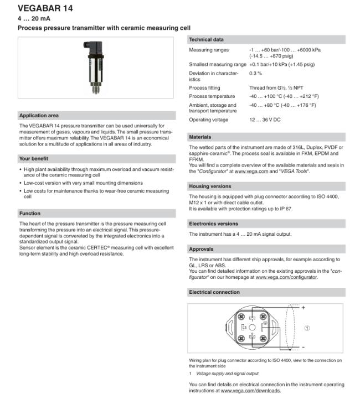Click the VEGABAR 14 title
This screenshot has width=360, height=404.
(x=45, y=8)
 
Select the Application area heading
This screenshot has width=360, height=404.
(x=39, y=116)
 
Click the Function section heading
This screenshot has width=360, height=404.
(x=30, y=213)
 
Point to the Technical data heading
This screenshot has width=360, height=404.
(x=207, y=40)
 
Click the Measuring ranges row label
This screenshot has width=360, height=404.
(x=209, y=50)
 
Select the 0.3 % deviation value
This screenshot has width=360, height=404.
(x=255, y=73)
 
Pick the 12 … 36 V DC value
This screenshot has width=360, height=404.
(x=265, y=120)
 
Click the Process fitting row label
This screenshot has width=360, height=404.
(x=205, y=88)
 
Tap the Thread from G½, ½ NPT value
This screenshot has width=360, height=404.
(x=276, y=88)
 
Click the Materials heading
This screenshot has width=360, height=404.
(x=200, y=137)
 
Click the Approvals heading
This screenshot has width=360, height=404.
(x=202, y=249)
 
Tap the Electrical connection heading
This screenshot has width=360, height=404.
(x=214, y=292)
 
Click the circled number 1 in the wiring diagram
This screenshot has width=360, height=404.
(x=307, y=328)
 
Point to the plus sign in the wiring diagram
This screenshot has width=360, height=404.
(x=304, y=308)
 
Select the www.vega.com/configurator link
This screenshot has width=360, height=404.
(x=286, y=277)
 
